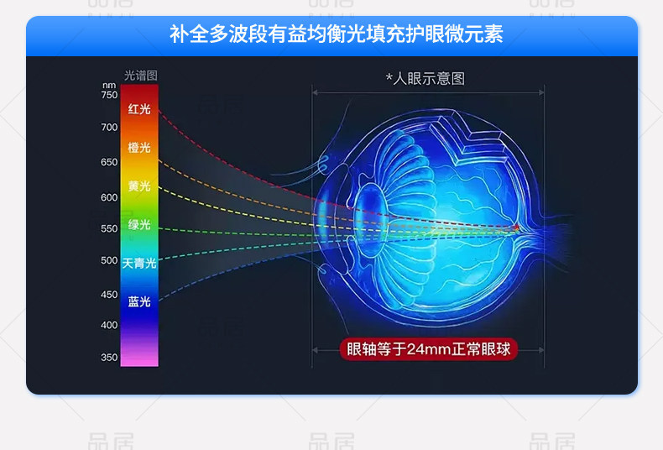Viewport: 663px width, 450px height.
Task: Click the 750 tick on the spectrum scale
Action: pos(109,95)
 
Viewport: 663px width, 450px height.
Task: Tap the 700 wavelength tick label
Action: pos(109,127)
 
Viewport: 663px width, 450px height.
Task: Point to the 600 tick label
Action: pos(109,197)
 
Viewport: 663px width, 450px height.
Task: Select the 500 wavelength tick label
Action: pos(109,260)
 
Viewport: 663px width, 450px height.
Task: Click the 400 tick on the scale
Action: pos(109,325)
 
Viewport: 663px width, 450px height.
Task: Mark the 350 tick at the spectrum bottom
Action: pos(109,358)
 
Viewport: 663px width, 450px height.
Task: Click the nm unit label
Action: pos(109,86)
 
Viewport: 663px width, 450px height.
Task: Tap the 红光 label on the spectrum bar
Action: pos(139,109)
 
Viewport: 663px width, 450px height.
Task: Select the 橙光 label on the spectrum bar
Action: pos(139,148)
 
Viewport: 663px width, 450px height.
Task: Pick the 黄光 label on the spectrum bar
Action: pos(139,186)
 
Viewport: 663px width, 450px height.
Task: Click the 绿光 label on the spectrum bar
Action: pos(139,224)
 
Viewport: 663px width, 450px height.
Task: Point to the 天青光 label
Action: pos(139,264)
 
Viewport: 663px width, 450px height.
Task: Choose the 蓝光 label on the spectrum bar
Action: pos(139,301)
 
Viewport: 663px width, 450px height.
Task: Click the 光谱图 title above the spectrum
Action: pos(141,76)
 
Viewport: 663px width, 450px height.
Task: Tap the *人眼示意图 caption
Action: pos(425,79)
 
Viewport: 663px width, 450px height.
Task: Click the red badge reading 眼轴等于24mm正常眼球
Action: pos(428,349)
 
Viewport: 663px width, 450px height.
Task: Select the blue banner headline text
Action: pos(337,34)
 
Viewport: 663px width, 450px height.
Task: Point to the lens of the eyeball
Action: pos(370,220)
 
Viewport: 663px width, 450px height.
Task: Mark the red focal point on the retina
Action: pos(516,228)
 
